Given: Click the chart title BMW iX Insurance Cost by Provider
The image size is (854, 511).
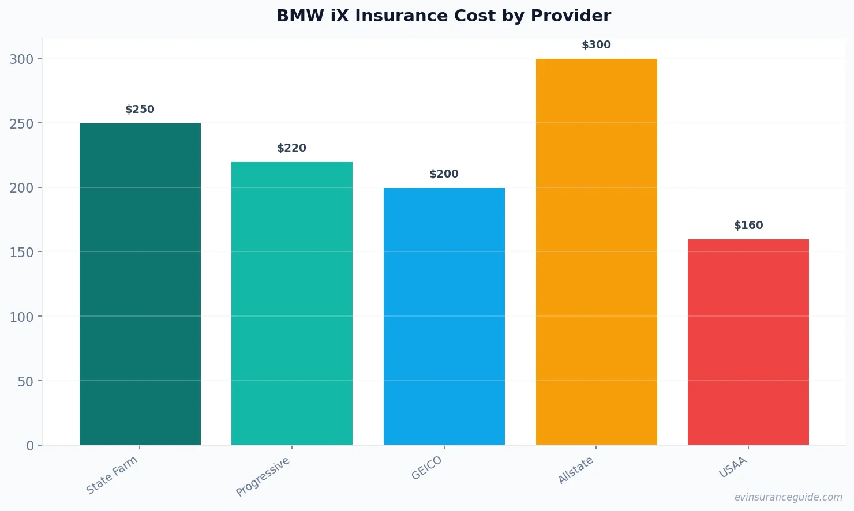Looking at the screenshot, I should click(443, 16).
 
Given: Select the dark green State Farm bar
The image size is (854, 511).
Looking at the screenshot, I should click(140, 284).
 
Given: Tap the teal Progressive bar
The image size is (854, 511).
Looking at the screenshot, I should click(292, 303).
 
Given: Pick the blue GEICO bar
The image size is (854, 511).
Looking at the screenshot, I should click(444, 316).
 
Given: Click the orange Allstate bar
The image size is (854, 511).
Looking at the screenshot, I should click(596, 251).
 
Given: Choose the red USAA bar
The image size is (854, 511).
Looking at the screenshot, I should click(748, 342).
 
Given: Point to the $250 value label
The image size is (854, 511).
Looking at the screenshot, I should click(140, 110).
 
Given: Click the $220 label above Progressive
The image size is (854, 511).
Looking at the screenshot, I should click(292, 148).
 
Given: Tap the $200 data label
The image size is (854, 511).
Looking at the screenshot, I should click(444, 174).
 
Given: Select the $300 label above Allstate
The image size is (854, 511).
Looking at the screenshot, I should click(596, 45).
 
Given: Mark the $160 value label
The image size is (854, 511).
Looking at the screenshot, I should click(748, 226).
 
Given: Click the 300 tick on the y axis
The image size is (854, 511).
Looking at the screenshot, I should click(22, 59).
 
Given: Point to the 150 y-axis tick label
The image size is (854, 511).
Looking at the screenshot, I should click(22, 253).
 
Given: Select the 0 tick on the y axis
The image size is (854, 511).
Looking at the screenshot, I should click(30, 446).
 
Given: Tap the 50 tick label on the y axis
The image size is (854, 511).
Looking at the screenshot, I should click(25, 381).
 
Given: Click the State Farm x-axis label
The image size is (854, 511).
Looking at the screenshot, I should click(112, 475).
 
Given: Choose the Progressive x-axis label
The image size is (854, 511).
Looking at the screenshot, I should click(263, 476).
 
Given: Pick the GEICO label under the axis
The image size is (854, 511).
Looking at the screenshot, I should click(426, 468).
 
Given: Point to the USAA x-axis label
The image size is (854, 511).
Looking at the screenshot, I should click(733, 467).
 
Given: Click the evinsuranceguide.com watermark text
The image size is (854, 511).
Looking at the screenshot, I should click(788, 497).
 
